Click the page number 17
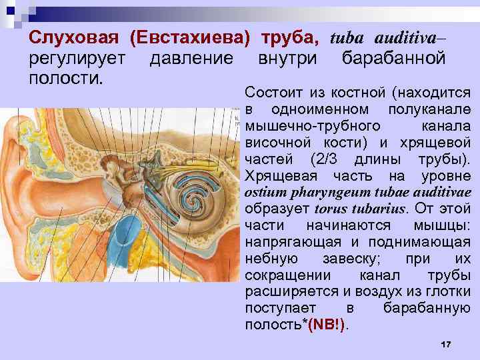click(x=446, y=344)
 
